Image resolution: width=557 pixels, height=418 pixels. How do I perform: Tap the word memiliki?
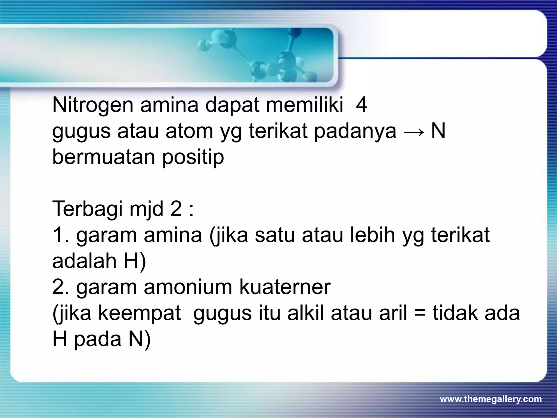click(305, 105)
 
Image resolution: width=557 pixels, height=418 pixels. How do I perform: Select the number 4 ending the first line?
click(361, 105)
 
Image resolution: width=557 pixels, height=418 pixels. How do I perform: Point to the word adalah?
click(84, 261)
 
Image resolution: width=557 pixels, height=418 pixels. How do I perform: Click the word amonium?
click(188, 287)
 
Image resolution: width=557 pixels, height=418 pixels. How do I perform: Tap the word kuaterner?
click(285, 287)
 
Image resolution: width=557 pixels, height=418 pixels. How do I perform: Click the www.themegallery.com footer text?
click(491, 399)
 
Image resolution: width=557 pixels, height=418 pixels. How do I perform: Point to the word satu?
click(275, 235)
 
